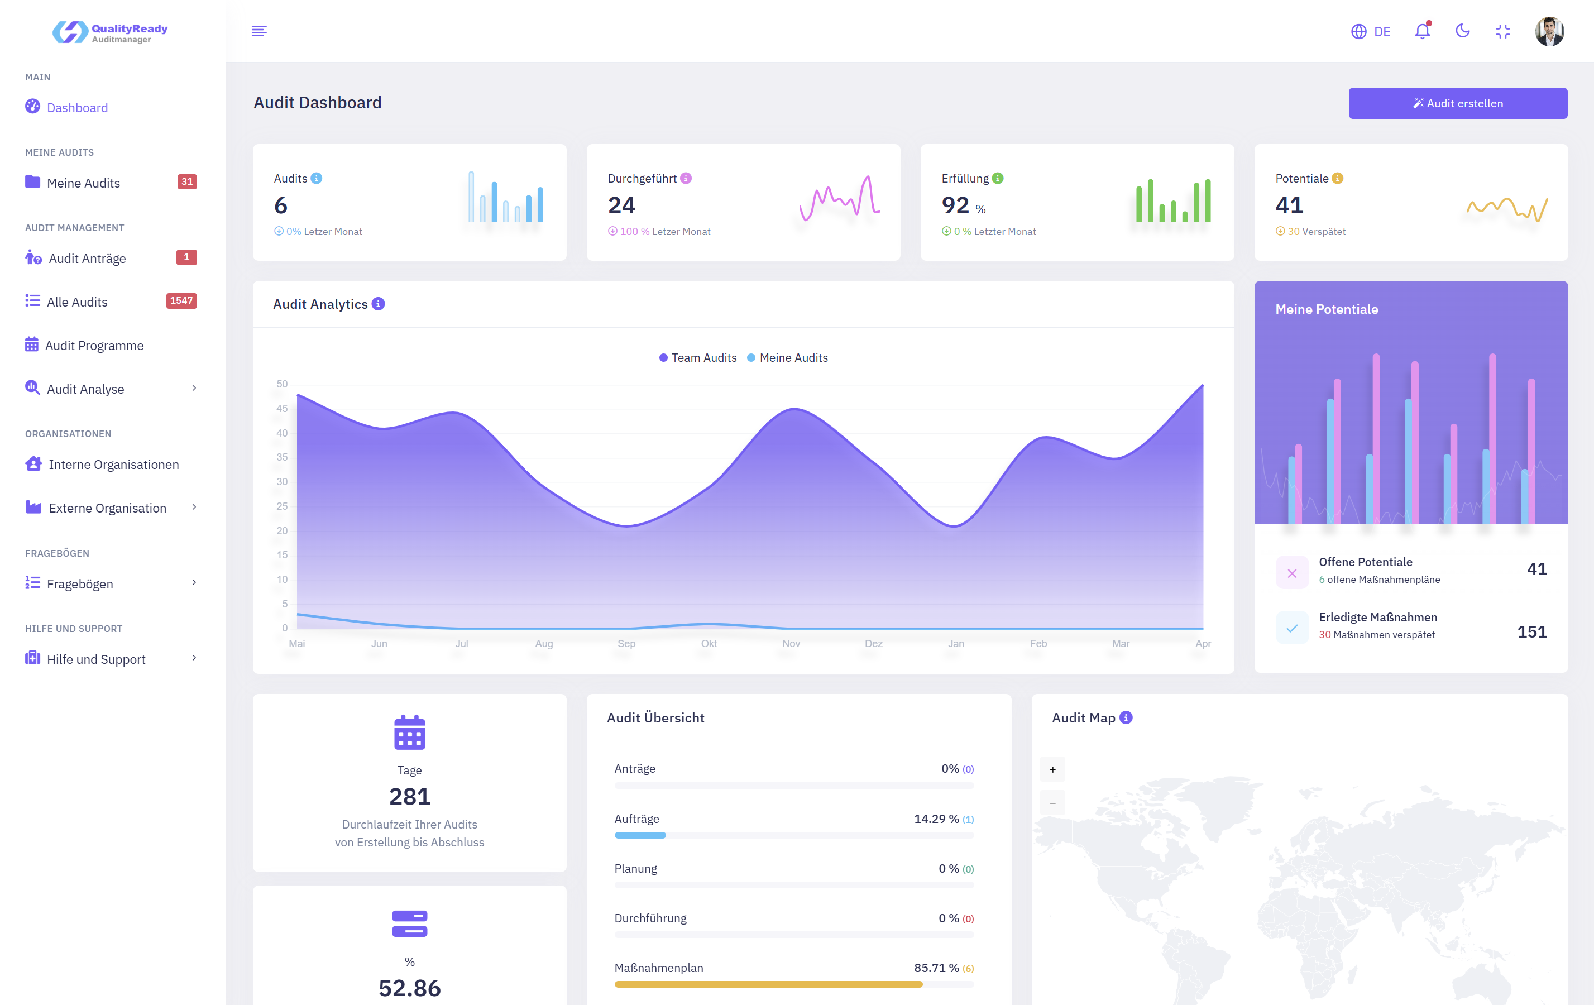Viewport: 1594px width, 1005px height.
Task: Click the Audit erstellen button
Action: click(1457, 103)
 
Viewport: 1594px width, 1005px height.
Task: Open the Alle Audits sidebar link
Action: click(77, 302)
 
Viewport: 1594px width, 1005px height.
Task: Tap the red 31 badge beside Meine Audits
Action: click(186, 181)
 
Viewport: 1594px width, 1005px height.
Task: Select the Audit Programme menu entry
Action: click(94, 346)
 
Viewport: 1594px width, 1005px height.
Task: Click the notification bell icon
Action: click(1422, 31)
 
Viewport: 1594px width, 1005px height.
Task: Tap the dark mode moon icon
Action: click(1462, 31)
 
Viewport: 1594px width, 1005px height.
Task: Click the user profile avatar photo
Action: click(1549, 31)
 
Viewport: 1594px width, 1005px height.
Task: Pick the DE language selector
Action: click(1371, 32)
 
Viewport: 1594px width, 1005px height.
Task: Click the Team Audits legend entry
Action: click(698, 357)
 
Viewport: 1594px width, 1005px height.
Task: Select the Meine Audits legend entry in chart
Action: click(788, 357)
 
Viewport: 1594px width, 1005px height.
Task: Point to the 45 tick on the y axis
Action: click(282, 409)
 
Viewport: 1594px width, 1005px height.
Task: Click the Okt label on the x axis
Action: click(709, 644)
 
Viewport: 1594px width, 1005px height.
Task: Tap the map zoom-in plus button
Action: click(1052, 769)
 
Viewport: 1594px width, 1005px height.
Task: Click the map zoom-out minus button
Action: click(1052, 803)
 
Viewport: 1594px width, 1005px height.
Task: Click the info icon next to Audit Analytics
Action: click(378, 304)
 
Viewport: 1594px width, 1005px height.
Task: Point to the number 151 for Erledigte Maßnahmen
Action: click(1531, 631)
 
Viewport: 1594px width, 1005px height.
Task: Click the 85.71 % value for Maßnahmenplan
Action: click(936, 968)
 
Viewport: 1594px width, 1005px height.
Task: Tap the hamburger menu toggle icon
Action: click(259, 31)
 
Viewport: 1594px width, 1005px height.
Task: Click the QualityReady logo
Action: click(110, 32)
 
